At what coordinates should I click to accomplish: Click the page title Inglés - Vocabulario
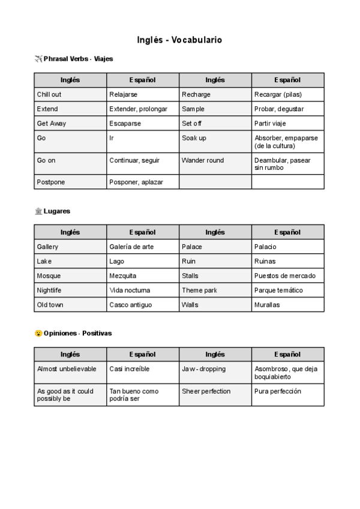179,40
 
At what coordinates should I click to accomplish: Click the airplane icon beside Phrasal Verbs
39,59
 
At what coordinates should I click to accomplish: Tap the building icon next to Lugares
39,211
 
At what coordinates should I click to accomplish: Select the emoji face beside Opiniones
39,333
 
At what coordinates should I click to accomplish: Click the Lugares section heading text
57,211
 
